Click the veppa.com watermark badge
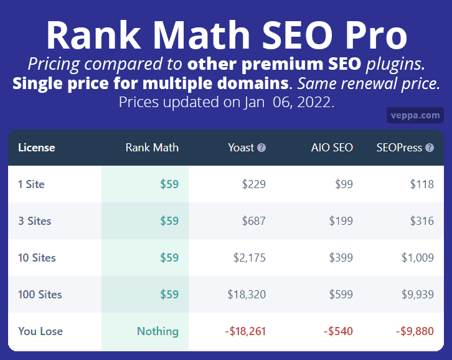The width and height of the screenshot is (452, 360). click(x=415, y=115)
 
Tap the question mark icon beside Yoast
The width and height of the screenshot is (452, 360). click(x=261, y=148)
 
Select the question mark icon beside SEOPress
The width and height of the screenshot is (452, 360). click(x=430, y=148)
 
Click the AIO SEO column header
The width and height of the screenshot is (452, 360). click(x=332, y=148)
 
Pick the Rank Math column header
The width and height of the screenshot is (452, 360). click(x=152, y=148)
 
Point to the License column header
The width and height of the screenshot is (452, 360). click(x=37, y=148)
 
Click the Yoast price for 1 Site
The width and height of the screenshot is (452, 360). click(x=253, y=184)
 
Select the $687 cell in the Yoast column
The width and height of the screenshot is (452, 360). click(x=253, y=221)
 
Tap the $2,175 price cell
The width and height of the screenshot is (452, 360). click(x=250, y=258)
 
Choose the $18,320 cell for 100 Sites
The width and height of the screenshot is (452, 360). click(x=247, y=295)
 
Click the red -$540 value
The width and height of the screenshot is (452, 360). click(x=338, y=331)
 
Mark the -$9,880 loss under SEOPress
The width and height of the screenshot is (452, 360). click(x=415, y=331)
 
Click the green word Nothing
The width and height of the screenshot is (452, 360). click(x=158, y=331)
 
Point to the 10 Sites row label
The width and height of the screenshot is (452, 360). click(x=37, y=258)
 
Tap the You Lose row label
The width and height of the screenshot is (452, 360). click(x=40, y=331)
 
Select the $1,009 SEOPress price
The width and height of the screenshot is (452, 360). click(x=418, y=258)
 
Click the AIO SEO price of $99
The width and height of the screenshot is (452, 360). click(x=344, y=184)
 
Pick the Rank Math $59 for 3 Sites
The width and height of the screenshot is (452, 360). click(x=169, y=221)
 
